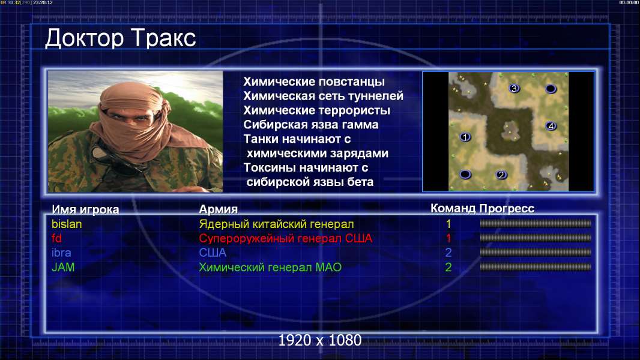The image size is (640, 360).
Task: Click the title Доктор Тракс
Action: click(121, 38)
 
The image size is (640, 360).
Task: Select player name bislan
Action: click(67, 224)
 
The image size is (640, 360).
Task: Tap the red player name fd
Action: click(56, 238)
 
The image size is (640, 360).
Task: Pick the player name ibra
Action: click(61, 253)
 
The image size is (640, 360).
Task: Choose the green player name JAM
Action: click(63, 268)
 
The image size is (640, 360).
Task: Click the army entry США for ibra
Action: click(213, 253)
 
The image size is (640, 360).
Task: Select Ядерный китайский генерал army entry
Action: click(276, 224)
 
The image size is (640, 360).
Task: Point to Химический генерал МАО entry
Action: click(270, 268)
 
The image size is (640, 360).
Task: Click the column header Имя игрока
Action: click(85, 209)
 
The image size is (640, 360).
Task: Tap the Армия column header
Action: click(218, 209)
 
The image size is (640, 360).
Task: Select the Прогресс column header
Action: click(507, 209)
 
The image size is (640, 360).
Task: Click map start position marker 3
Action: click(515, 88)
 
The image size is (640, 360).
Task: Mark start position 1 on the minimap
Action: click(465, 137)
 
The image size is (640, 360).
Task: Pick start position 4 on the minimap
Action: click(551, 126)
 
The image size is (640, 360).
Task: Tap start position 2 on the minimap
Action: click(501, 175)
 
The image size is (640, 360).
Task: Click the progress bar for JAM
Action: click(536, 267)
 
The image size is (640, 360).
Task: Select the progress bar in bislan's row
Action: click(536, 223)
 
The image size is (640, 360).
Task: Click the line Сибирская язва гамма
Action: click(310, 125)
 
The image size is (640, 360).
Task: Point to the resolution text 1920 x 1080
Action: click(319, 340)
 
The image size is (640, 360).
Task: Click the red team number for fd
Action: click(448, 238)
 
